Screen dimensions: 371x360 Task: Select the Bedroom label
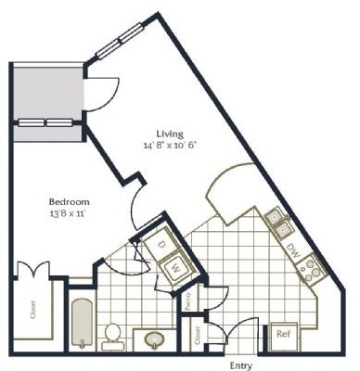(69, 201)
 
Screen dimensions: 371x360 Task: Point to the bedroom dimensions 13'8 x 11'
(69, 214)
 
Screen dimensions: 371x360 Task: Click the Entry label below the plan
(240, 364)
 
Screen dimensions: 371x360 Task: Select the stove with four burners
(310, 269)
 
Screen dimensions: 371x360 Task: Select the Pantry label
(186, 301)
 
